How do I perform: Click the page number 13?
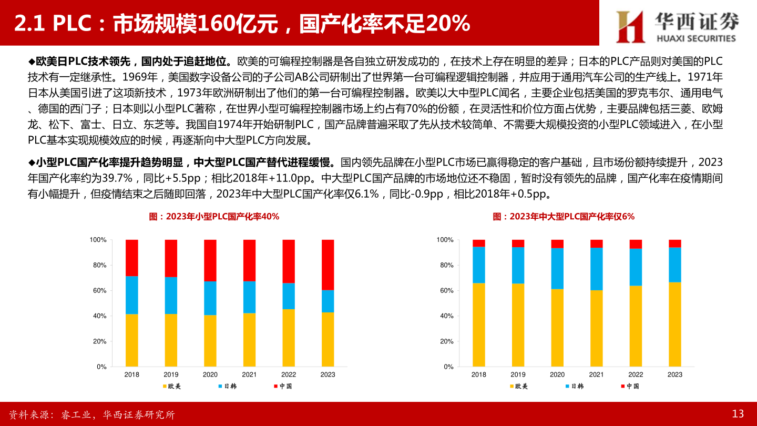point(738,414)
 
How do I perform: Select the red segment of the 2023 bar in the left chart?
point(328,265)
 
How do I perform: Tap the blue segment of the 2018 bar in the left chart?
point(132,295)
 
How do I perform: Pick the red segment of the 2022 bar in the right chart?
point(636,244)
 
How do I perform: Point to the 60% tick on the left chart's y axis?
point(99,291)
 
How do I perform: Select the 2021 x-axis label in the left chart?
point(249,374)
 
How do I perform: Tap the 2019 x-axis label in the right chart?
point(518,374)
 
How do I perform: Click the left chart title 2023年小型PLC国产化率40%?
point(214,217)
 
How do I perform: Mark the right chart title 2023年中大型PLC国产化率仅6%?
point(564,217)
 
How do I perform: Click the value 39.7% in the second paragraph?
point(115,178)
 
